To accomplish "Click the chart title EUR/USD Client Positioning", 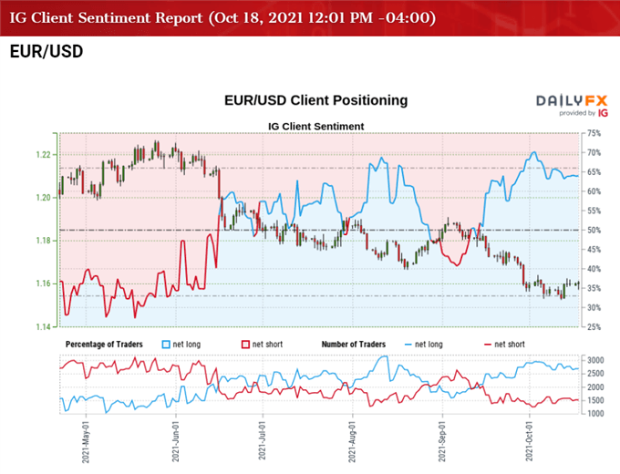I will coord(315,100).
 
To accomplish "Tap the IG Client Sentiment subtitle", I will coord(316,126).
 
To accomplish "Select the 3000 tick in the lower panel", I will coord(596,362).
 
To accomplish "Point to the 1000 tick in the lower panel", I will coord(596,413).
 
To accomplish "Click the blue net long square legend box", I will coord(166,344).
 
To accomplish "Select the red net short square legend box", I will coord(245,344).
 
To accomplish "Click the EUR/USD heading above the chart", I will coord(46,52).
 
